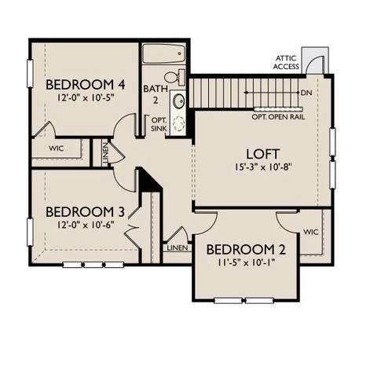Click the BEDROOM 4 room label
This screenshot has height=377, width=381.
(85, 85)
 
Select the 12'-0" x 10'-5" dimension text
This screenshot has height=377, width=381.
(85, 100)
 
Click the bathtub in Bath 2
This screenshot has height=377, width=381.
(163, 54)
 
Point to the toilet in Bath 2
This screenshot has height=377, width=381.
(180, 77)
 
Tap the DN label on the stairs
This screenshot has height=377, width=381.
(305, 93)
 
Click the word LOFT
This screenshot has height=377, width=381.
(263, 152)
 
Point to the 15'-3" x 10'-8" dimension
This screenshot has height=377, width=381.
(263, 167)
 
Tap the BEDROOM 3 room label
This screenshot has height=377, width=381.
(85, 211)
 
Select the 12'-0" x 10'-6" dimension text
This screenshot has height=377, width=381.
(85, 226)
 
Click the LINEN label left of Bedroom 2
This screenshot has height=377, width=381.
(177, 247)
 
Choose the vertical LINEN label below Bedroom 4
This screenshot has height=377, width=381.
(106, 151)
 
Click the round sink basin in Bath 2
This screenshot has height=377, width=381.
(179, 101)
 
